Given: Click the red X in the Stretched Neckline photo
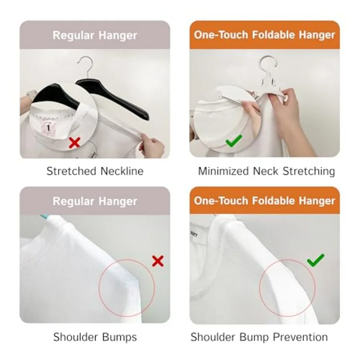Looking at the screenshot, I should click(74, 142).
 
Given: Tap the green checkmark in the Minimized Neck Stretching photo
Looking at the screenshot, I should click(234, 141).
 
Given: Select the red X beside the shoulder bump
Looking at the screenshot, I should click(158, 261).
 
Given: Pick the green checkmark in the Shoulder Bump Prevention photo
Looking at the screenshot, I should click(316, 260).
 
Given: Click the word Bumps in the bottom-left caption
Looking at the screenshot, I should click(119, 337).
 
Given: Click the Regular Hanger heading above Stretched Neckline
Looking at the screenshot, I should click(95, 35).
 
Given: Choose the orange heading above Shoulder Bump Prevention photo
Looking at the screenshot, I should click(264, 200).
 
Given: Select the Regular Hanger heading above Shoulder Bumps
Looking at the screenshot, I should click(95, 200).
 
